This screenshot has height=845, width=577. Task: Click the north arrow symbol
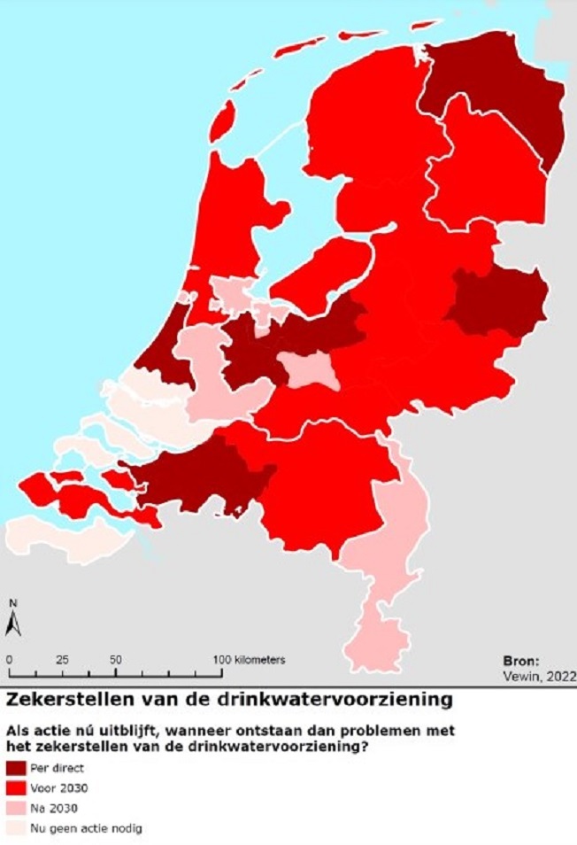coord(12,621)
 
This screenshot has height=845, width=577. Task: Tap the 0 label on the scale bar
coord(8,660)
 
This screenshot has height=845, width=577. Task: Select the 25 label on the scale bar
coord(62,660)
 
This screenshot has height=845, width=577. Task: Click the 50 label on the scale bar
coord(115,660)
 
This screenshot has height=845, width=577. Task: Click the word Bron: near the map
coord(520,661)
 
